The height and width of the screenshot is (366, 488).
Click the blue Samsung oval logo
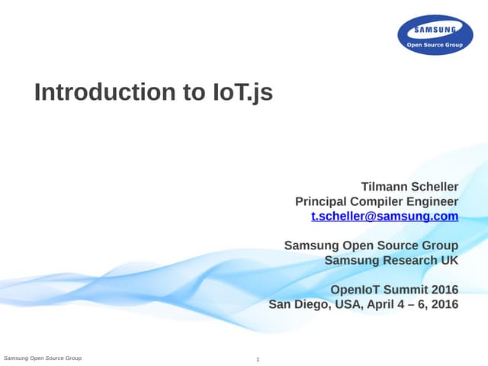pyautogui.click(x=435, y=35)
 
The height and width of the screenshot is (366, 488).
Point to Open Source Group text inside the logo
pyautogui.click(x=435, y=45)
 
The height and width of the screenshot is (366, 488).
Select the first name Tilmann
pyautogui.click(x=385, y=187)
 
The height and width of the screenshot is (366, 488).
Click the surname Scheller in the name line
pyautogui.click(x=435, y=187)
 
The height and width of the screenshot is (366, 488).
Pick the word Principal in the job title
pyautogui.click(x=320, y=201)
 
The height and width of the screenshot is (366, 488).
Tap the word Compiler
pyautogui.click(x=377, y=201)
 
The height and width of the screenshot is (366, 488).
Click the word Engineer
pyautogui.click(x=432, y=201)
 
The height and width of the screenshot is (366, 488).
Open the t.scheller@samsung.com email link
pyautogui.click(x=385, y=216)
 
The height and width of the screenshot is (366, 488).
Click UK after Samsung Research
pyautogui.click(x=449, y=260)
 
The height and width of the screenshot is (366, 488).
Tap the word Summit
pyautogui.click(x=406, y=290)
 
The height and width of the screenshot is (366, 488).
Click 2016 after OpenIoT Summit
pyautogui.click(x=445, y=290)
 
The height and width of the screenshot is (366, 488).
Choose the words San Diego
pyautogui.click(x=297, y=304)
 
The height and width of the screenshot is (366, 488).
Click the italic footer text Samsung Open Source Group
pyautogui.click(x=43, y=358)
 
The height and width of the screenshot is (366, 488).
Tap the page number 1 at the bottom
pyautogui.click(x=258, y=359)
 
